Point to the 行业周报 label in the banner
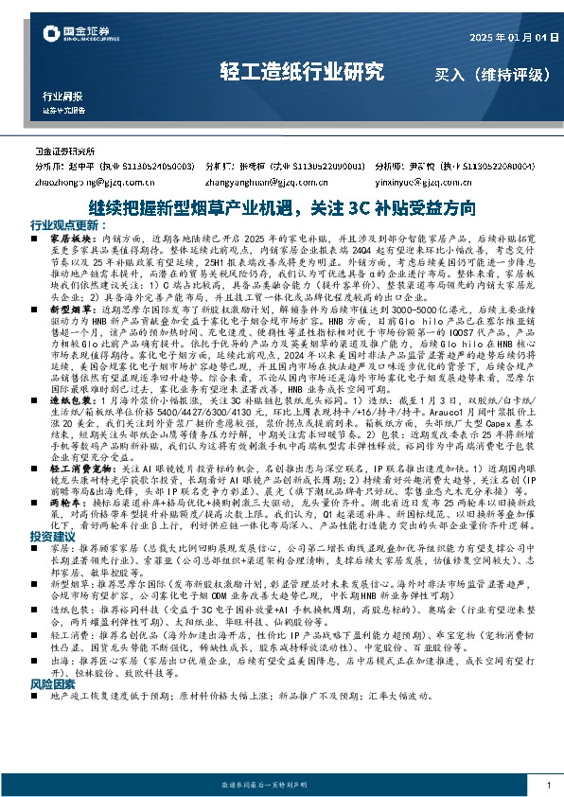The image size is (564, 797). tap(62, 97)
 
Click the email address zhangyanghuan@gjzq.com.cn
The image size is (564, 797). tap(270, 177)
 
